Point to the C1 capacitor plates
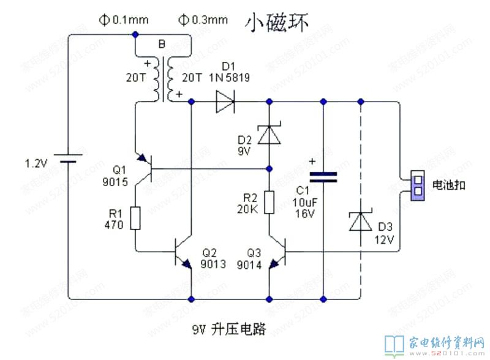[323, 177]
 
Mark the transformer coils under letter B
[162, 80]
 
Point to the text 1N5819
[229, 77]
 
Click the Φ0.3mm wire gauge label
[202, 20]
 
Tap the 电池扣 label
[449, 184]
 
